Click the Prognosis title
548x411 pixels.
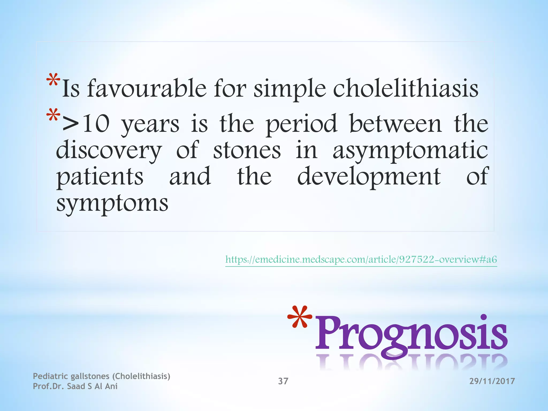point(411,334)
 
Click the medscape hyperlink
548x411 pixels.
point(361,259)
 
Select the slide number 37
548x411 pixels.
point(283,381)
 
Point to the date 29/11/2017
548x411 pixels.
point(492,381)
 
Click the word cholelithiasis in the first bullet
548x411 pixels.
point(405,88)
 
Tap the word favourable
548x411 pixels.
point(147,88)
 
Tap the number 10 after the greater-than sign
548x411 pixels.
point(96,124)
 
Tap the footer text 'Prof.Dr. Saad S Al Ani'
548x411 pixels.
point(75,386)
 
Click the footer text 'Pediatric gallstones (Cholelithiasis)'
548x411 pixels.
point(101,376)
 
